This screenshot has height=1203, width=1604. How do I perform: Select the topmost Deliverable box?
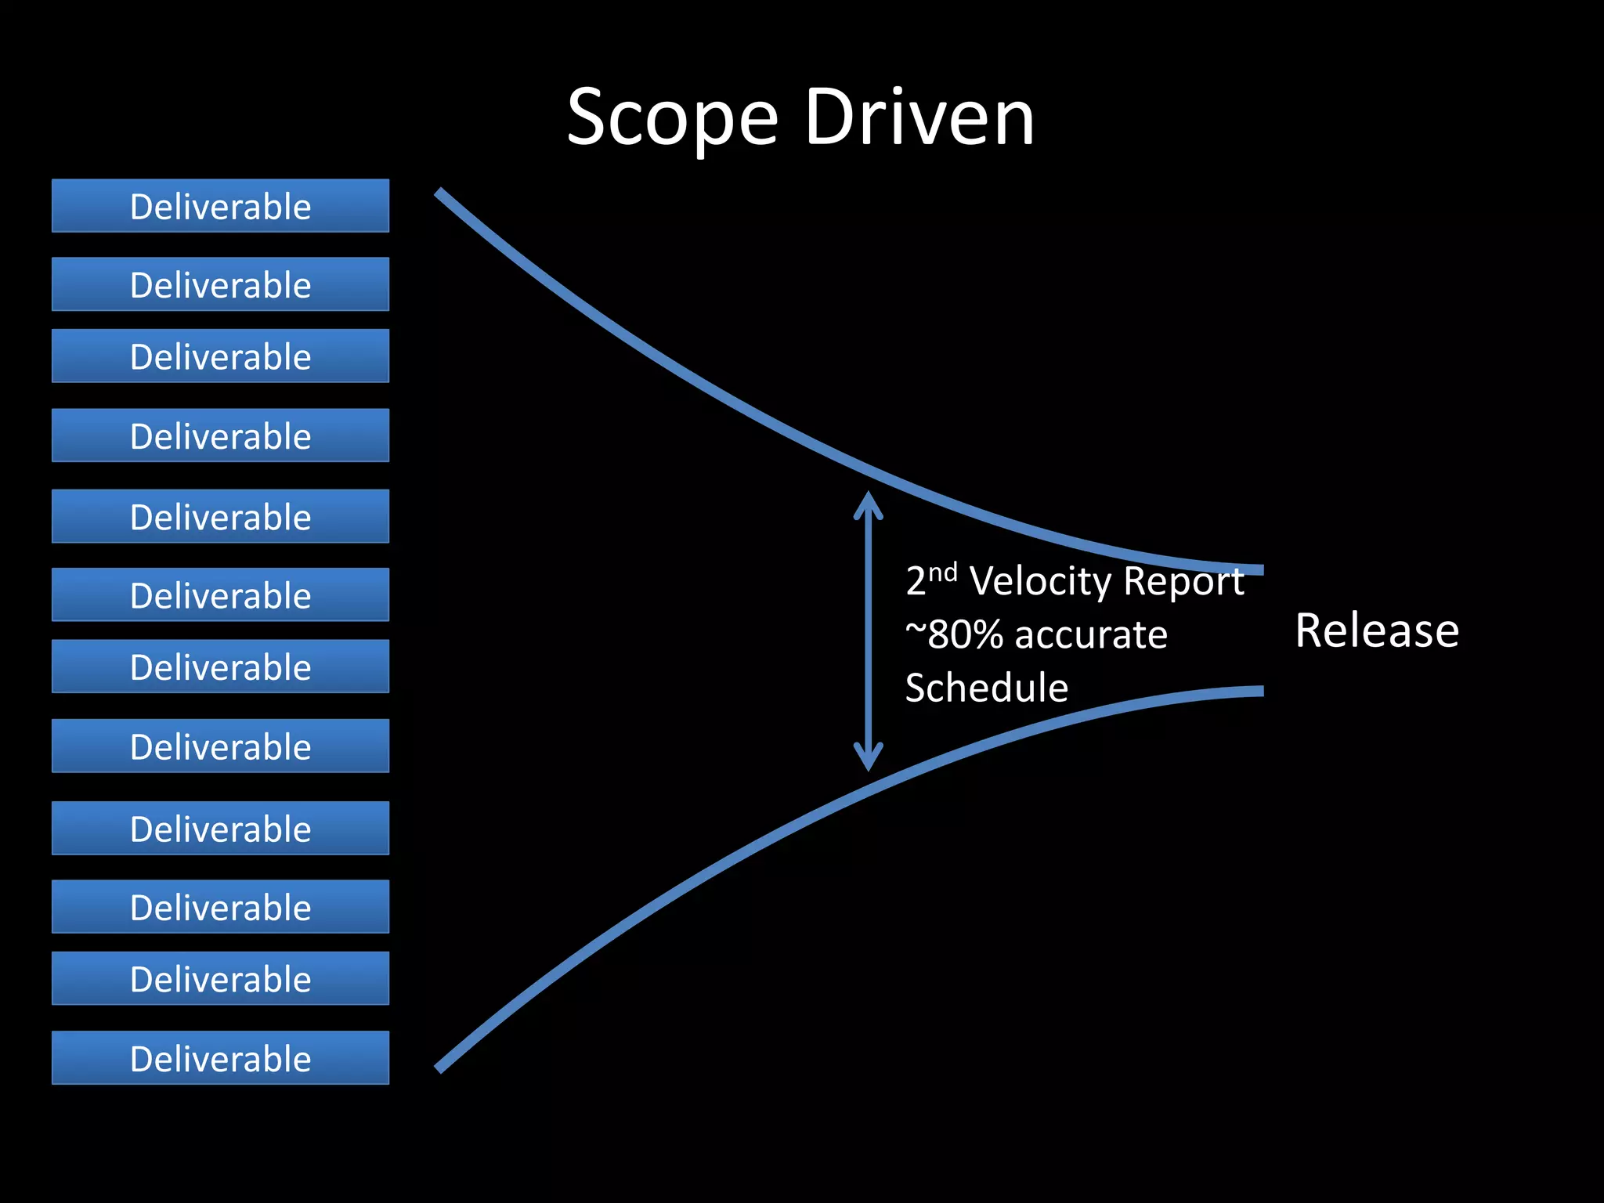[x=220, y=206]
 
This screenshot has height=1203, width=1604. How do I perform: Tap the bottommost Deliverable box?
[x=220, y=1058]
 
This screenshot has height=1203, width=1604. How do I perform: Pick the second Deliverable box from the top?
[x=220, y=284]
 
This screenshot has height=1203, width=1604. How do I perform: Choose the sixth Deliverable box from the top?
[x=220, y=595]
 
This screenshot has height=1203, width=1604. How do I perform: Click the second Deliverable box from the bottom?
[x=220, y=979]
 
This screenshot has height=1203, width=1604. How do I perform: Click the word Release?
[x=1376, y=630]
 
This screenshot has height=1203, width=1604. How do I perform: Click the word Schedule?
[x=986, y=688]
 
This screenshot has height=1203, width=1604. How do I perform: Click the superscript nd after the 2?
[x=943, y=573]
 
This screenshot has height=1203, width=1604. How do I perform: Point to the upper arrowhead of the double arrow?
[x=868, y=501]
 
